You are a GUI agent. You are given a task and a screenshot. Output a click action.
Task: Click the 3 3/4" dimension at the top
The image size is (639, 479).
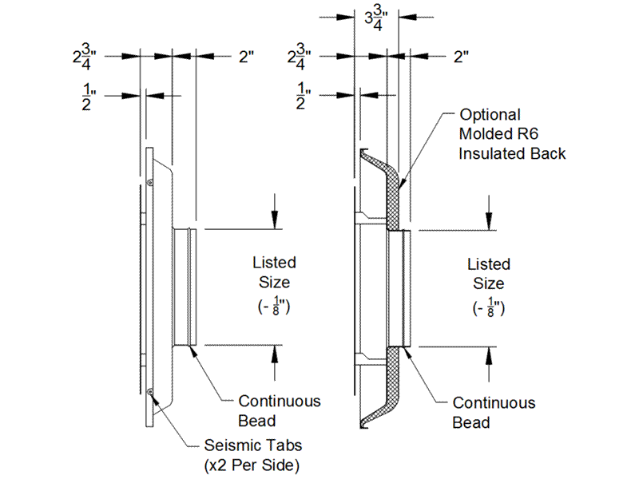coord(376,19)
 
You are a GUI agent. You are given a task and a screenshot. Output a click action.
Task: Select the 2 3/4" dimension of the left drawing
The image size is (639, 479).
coord(85,57)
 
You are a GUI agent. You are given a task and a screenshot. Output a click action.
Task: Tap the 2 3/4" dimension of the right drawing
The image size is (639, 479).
coord(299,57)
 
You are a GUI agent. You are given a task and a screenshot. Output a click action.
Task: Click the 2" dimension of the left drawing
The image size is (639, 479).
coord(247,57)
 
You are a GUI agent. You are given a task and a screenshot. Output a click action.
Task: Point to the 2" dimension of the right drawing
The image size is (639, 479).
coord(462,57)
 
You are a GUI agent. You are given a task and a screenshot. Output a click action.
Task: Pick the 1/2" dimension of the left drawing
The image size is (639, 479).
coord(89,97)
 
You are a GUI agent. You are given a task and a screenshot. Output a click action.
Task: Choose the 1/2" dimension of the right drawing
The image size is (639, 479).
coord(304,96)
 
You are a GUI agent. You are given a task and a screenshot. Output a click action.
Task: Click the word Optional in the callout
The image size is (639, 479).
coord(490,115)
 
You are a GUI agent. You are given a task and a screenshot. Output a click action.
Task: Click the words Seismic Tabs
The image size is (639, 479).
coord(253,445)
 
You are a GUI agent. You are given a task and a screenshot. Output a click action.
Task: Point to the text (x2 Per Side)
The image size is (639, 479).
coord(252,465)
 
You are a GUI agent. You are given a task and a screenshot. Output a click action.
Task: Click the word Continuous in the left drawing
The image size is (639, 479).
coord(280,402)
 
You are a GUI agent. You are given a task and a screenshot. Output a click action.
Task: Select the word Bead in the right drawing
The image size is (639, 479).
coord(471,422)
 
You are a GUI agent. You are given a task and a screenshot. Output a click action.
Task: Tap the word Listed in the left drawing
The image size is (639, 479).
coord(274,263)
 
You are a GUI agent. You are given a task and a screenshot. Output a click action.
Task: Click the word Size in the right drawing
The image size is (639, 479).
coord(489,283)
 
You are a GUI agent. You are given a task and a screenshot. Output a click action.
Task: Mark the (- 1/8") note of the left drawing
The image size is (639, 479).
coord(274,306)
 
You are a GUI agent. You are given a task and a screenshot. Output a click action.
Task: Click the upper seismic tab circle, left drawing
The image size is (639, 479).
coord(150,183)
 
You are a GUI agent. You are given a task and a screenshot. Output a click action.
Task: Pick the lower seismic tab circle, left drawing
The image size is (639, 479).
coord(150,392)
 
